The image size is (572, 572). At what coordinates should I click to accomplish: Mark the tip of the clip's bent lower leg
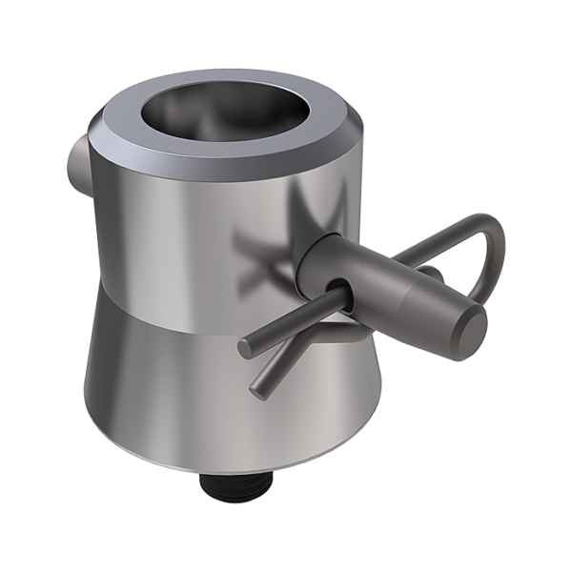(x=257, y=391)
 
